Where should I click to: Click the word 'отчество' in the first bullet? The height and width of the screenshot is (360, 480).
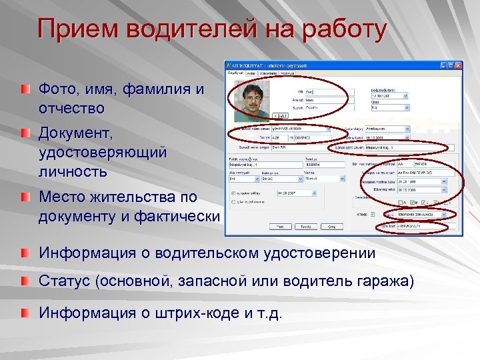click(x=71, y=107)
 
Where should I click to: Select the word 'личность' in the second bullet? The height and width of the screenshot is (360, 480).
click(x=72, y=171)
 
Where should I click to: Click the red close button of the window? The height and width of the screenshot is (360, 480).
click(x=459, y=65)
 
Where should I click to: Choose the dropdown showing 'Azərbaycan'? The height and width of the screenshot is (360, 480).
click(x=386, y=129)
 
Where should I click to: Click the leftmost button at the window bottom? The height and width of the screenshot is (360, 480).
click(x=280, y=226)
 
